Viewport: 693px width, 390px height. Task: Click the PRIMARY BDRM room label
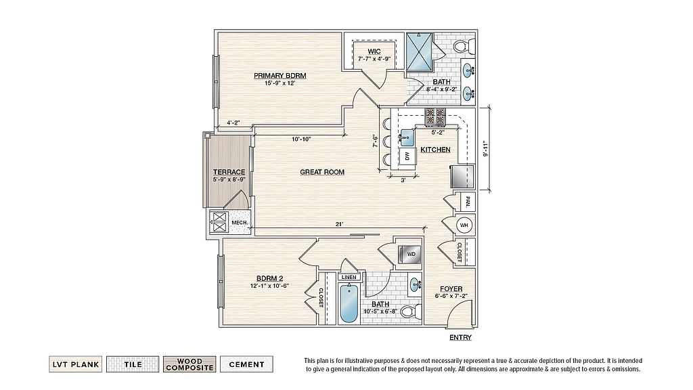click(x=280, y=76)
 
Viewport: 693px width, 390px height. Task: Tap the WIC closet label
click(x=374, y=51)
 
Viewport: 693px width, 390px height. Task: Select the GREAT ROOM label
click(x=322, y=172)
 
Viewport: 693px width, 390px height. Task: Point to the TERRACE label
click(x=229, y=172)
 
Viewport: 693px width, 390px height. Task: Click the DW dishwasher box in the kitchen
click(x=407, y=156)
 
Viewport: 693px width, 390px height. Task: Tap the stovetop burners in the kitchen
click(x=435, y=116)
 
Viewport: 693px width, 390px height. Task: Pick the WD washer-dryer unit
click(x=410, y=255)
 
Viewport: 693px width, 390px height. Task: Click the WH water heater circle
click(x=464, y=225)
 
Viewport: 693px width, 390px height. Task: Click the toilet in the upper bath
click(x=464, y=45)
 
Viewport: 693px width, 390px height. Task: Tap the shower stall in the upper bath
click(x=420, y=51)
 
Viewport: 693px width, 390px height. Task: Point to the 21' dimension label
click(x=340, y=224)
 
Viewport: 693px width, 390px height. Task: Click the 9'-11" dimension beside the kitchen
click(x=485, y=148)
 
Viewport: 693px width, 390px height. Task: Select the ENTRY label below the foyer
click(x=460, y=337)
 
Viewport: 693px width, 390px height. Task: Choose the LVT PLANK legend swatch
click(x=76, y=364)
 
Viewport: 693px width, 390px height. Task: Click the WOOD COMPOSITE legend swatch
click(x=189, y=364)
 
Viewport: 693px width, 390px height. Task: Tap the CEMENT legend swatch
click(x=246, y=364)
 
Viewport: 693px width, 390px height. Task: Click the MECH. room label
click(x=239, y=222)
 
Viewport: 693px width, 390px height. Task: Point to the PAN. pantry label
click(x=468, y=202)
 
